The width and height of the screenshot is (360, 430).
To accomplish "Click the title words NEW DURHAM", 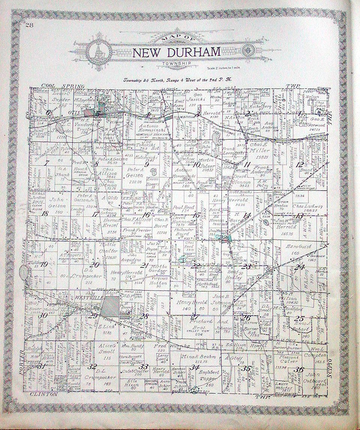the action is (176, 52).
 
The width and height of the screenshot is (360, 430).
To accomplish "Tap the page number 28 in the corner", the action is (29, 25).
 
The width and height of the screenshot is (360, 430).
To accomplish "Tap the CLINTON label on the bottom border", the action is (44, 394).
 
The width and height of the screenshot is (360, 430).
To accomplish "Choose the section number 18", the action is (46, 213).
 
